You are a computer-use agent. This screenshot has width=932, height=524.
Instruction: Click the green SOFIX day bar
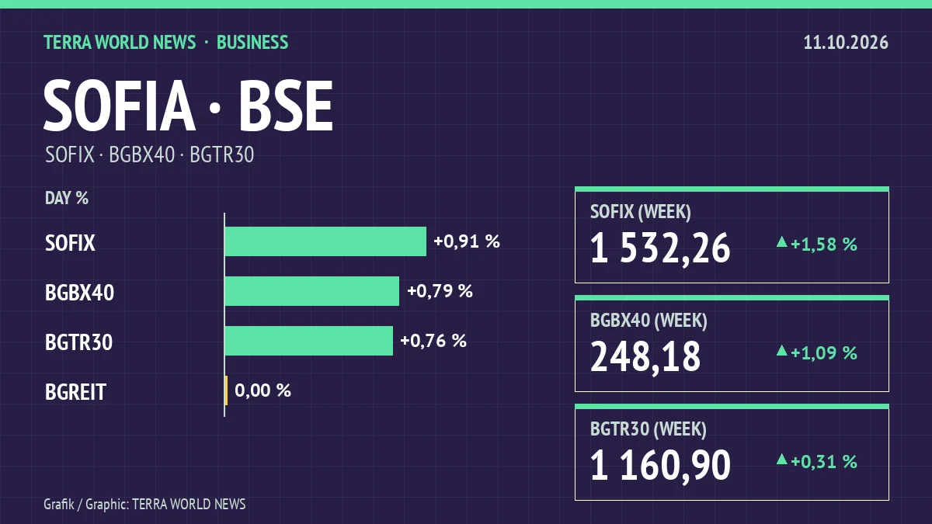pyautogui.click(x=325, y=241)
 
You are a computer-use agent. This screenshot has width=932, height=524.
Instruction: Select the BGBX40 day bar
pyautogui.click(x=312, y=291)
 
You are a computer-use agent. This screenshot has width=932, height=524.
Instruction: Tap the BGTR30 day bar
pyautogui.click(x=309, y=341)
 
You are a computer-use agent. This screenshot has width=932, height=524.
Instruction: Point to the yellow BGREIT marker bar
pyautogui.click(x=226, y=390)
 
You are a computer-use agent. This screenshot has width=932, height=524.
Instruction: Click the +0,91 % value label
pyautogui.click(x=467, y=241)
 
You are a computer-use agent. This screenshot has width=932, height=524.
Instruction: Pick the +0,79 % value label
pyautogui.click(x=440, y=291)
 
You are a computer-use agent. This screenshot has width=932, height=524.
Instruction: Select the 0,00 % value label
pyautogui.click(x=263, y=390)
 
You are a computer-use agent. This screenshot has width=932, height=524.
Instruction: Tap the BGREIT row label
pyautogui.click(x=75, y=392)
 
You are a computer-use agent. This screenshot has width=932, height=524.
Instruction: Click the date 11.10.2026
pyautogui.click(x=846, y=43)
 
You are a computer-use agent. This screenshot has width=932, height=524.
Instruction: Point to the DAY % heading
pyautogui.click(x=67, y=198)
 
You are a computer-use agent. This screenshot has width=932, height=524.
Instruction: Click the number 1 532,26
pyautogui.click(x=660, y=248)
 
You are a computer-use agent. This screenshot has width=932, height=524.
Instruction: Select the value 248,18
pyautogui.click(x=645, y=356)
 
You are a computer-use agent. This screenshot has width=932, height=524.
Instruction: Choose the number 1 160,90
pyautogui.click(x=660, y=465)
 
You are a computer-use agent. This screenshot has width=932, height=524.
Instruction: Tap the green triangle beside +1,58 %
pyautogui.click(x=782, y=242)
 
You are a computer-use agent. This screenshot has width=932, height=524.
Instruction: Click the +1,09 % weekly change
pyautogui.click(x=823, y=353)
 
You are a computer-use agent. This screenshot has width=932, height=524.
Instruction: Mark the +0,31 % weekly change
pyautogui.click(x=823, y=462)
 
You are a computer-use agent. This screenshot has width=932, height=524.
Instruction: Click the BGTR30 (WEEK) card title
pyautogui.click(x=649, y=429)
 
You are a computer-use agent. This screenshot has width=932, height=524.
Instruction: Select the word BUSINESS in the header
pyautogui.click(x=252, y=43)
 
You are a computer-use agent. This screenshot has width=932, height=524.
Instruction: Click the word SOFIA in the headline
pyautogui.click(x=119, y=106)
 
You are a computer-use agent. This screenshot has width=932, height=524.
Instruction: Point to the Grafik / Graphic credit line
pyautogui.click(x=144, y=505)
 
